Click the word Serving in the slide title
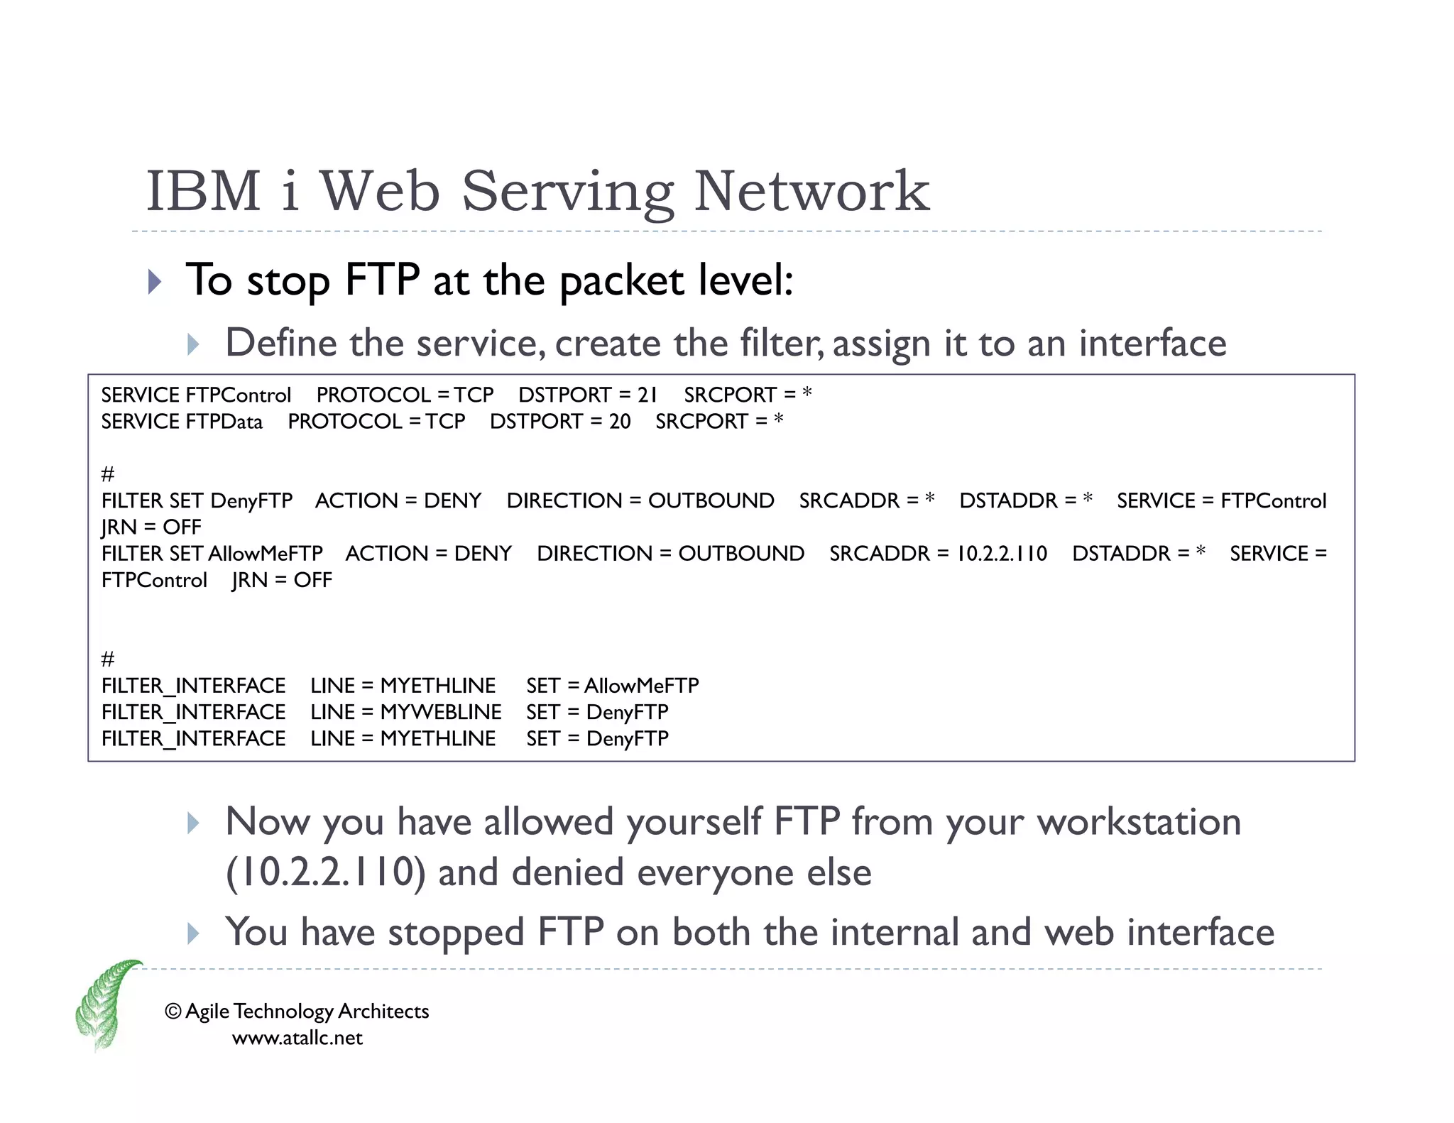click(x=567, y=192)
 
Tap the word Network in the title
click(x=811, y=192)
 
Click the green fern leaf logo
click(x=106, y=1004)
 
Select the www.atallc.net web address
click(x=297, y=1039)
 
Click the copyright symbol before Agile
click(x=173, y=1011)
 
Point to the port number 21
click(x=647, y=395)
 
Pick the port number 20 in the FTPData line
click(x=619, y=422)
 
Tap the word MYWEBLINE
click(x=441, y=712)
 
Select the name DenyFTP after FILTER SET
click(x=251, y=501)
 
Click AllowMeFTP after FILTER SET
click(x=266, y=554)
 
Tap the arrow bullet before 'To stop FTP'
click(x=155, y=282)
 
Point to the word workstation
click(x=1138, y=822)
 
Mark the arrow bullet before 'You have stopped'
click(x=193, y=933)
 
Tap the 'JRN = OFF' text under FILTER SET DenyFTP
click(x=151, y=527)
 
